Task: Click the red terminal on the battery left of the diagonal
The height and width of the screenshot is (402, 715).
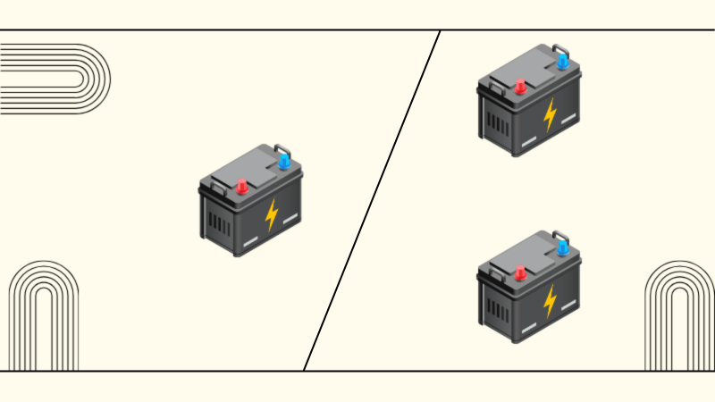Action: point(240,187)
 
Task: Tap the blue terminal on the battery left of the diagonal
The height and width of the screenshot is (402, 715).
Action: point(284,161)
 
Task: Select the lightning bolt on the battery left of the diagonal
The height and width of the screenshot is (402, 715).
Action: point(272,214)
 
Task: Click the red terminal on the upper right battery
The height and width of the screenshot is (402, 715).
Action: point(518,87)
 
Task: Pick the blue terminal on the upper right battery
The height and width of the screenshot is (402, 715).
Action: point(562,61)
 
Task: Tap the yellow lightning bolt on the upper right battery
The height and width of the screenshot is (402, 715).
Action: point(550,114)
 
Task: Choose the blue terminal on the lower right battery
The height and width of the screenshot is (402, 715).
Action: point(562,247)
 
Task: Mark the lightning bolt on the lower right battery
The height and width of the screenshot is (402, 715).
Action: point(550,300)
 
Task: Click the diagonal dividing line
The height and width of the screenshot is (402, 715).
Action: point(371,201)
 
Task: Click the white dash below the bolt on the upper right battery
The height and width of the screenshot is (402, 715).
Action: point(530,141)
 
